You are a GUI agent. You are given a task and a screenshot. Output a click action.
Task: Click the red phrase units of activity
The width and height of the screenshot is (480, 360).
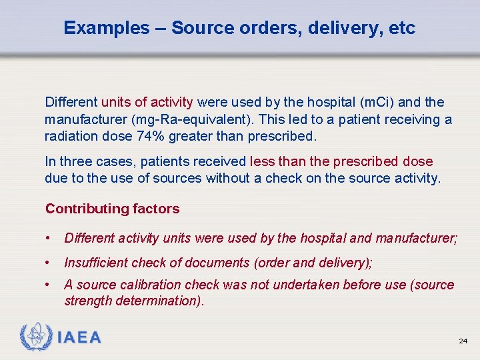[147, 103]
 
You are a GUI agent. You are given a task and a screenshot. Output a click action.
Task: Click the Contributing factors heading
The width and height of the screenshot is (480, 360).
[112, 209]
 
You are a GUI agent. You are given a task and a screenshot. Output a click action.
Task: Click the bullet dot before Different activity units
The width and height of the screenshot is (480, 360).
[49, 238]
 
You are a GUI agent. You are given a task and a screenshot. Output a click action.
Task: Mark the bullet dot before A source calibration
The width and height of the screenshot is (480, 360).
[49, 285]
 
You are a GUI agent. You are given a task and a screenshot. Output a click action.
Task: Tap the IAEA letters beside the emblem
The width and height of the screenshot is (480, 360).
[79, 337]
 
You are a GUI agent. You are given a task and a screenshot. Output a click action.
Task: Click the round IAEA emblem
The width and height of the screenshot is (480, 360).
[37, 337]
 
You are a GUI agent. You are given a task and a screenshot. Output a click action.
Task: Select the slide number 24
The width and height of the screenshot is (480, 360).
[463, 341]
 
